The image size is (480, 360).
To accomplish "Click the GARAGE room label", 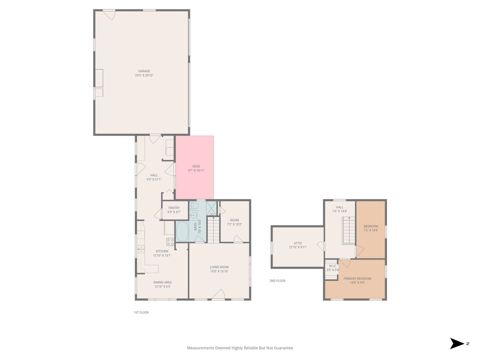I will pos(144,71).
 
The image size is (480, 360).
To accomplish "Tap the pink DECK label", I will pos(196,166).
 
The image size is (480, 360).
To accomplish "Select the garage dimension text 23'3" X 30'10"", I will pos(144,75).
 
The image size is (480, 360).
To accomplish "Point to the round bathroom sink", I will pos(193,215).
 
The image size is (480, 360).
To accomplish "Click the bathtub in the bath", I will pos(183,232).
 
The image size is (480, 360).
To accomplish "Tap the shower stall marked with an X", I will pos(211,208).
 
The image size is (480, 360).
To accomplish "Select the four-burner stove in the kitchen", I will pos(170,241).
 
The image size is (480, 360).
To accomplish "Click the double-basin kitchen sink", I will pos(141,249).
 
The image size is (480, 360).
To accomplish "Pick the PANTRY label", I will pos(174,208).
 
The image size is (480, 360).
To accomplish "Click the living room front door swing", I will pos(218,294).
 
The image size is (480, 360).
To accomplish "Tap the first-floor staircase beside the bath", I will pos(213,229).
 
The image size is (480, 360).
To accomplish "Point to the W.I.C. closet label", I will pos(333,266).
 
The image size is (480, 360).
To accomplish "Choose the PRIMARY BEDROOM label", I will pos(357,279).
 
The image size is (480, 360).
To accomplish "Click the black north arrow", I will pos(457,343).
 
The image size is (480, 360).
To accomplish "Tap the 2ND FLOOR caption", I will pos(277,281).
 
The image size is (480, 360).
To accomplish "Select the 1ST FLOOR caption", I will pos(141,312).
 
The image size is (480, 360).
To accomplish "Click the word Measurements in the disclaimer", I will pos(200,348).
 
